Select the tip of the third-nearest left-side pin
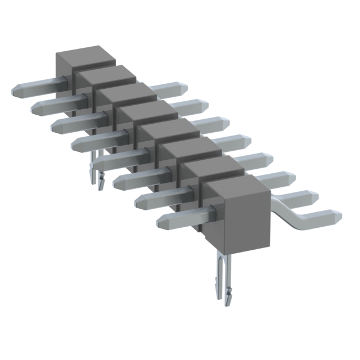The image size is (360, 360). pyautogui.click(x=119, y=181)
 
